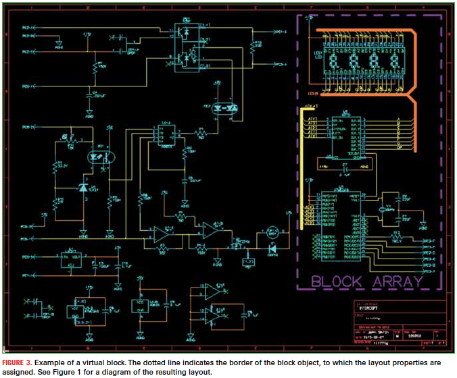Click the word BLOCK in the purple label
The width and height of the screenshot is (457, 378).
coord(335,281)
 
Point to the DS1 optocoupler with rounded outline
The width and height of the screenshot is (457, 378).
coord(100,155)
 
